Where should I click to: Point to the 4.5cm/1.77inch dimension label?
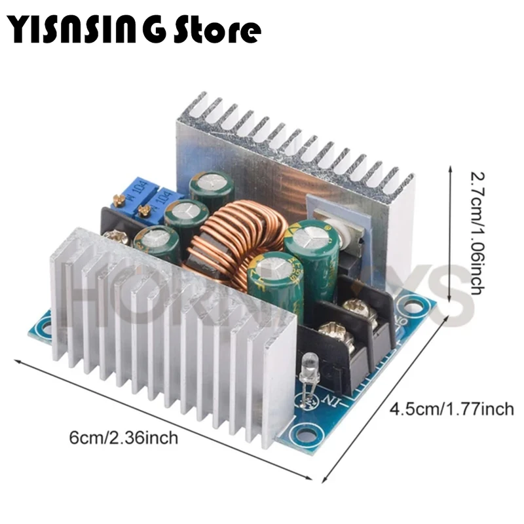pos(451,409)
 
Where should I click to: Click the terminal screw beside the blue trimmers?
pos(117,238)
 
